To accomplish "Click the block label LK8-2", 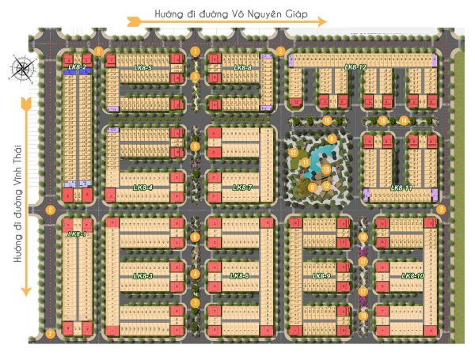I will pyautogui.click(x=77, y=67).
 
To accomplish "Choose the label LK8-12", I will pyautogui.click(x=355, y=68).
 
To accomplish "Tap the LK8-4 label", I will pyautogui.click(x=143, y=188).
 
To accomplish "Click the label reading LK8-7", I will pyautogui.click(x=242, y=188).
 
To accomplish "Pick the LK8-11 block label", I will pyautogui.click(x=401, y=188).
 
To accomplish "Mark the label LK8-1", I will pyautogui.click(x=77, y=234).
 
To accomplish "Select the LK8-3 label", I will pyautogui.click(x=143, y=275).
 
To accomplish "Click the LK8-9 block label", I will pyautogui.click(x=321, y=275).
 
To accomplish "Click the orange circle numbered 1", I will pyautogui.click(x=195, y=52).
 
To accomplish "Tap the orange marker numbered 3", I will pyautogui.click(x=195, y=77).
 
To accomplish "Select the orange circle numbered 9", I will pyautogui.click(x=332, y=139).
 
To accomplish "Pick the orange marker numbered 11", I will pyautogui.click(x=305, y=162).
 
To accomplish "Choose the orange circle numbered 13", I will pyautogui.click(x=326, y=170).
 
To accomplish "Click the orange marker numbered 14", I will pyautogui.click(x=403, y=120).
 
